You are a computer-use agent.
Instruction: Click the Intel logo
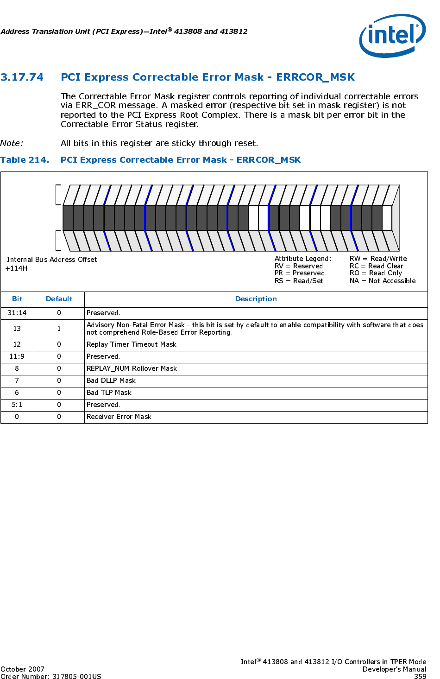(392, 36)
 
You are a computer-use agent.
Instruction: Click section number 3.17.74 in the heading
(22, 77)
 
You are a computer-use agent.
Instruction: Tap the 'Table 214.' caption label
(25, 160)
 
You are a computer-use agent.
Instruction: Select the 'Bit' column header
(17, 299)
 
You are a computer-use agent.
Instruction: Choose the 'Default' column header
(59, 299)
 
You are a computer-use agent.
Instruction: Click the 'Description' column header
(256, 299)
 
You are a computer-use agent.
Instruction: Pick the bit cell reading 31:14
(17, 313)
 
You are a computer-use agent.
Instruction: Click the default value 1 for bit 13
(59, 329)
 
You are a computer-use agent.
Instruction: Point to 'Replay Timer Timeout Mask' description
(132, 344)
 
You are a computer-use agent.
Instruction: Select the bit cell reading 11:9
(17, 356)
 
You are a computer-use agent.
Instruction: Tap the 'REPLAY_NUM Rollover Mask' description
(132, 368)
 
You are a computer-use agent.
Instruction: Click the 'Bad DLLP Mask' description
(111, 381)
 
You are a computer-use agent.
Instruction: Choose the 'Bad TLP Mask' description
(109, 393)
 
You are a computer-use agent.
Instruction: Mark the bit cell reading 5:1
(17, 405)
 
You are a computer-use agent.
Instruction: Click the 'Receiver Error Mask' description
(119, 417)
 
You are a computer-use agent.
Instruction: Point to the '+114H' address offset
(16, 268)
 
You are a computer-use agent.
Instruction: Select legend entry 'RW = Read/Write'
(378, 259)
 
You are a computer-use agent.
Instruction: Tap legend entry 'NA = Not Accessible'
(383, 281)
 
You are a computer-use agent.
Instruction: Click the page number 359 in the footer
(420, 676)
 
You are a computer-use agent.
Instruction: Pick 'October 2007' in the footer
(22, 669)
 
